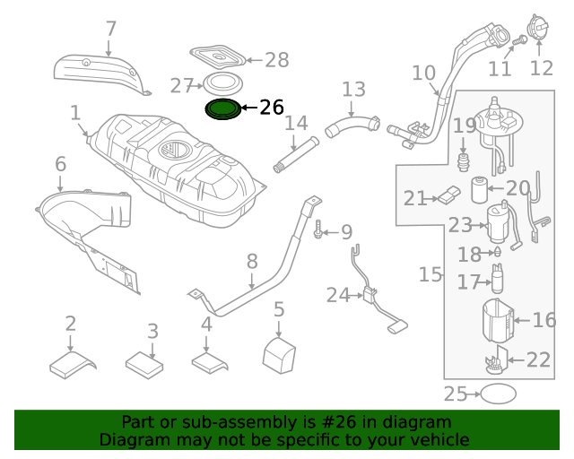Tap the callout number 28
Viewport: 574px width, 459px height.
pos(277,60)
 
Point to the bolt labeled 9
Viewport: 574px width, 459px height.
pos(317,229)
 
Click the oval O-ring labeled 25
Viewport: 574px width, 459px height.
pos(498,394)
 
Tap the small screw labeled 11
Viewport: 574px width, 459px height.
pos(519,39)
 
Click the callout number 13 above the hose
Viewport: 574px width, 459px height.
pos(353,90)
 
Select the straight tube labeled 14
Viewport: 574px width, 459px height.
pos(296,154)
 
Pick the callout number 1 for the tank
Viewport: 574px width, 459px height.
pos(75,113)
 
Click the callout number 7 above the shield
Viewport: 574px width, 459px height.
pos(111,29)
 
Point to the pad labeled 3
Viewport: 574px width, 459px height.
pos(144,365)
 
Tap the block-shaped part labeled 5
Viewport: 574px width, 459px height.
pos(279,355)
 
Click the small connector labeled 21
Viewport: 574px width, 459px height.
pos(449,195)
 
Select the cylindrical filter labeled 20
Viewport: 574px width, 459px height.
pos(479,189)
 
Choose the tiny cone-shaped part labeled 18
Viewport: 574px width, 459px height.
pos(497,251)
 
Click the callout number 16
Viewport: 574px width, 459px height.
pos(544,319)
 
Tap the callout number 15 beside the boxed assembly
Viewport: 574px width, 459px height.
pos(430,274)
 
